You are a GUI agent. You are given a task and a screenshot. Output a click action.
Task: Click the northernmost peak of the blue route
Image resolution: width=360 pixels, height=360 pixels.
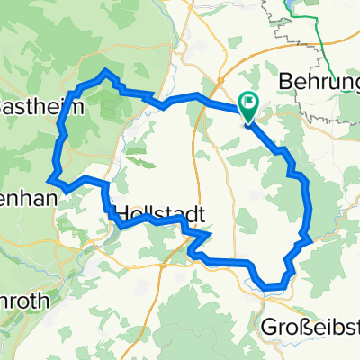coord(106,69)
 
